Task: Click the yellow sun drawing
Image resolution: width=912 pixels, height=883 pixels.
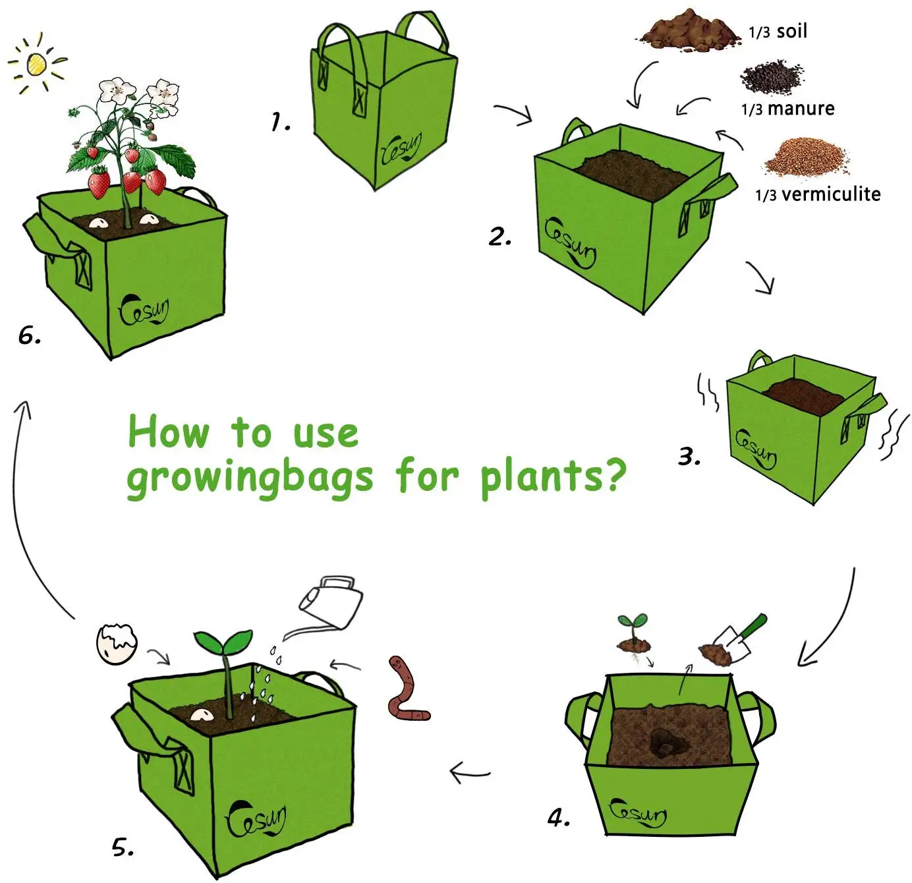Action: coord(37,63)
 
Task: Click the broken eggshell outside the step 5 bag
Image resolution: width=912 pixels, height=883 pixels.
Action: coord(117,643)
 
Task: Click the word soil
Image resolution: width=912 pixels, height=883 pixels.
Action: coord(792,31)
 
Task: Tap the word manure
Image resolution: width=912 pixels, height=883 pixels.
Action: coord(801,108)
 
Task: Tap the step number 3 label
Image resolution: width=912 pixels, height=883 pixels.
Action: coord(689,456)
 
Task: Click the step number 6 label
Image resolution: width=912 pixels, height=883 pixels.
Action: coord(29,336)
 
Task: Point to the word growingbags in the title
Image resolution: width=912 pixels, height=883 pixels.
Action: coord(250,477)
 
